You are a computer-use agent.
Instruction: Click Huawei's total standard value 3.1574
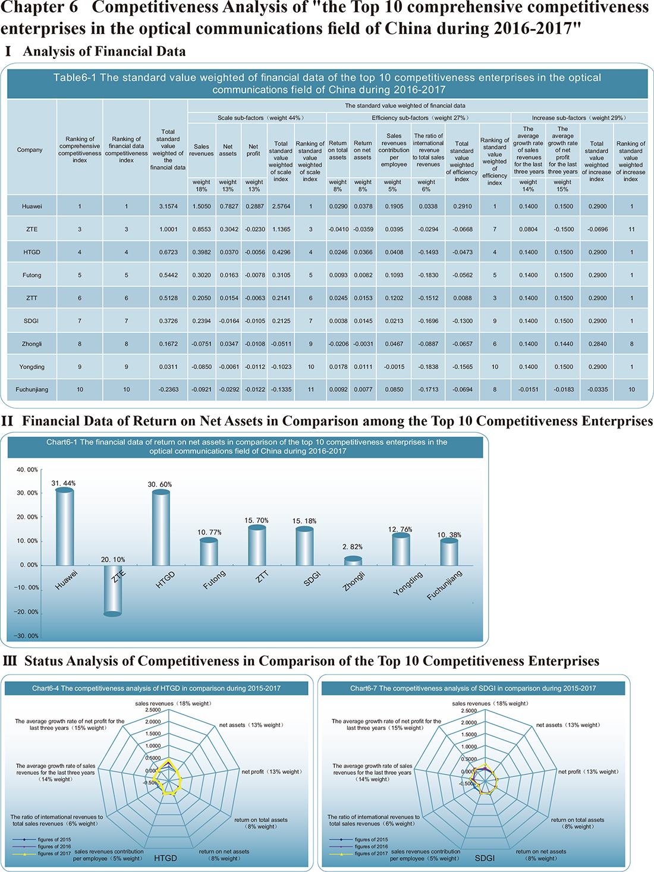(x=168, y=207)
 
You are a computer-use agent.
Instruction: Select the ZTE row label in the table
(x=32, y=229)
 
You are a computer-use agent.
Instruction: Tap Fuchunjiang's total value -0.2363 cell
(x=168, y=390)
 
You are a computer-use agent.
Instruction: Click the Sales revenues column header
(x=202, y=150)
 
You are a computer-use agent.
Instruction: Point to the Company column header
(x=29, y=150)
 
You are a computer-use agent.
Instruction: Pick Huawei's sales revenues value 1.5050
(x=202, y=207)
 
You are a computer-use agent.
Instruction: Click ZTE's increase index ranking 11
(x=631, y=229)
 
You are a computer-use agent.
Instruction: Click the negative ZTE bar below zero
(x=112, y=590)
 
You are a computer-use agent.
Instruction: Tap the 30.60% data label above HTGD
(x=160, y=484)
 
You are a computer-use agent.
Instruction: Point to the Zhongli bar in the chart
(x=353, y=561)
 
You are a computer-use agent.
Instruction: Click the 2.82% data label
(x=353, y=547)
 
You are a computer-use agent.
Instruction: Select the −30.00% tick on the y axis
(x=26, y=636)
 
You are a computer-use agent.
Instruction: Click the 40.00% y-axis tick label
(x=27, y=470)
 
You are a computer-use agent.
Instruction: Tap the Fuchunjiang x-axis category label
(x=445, y=585)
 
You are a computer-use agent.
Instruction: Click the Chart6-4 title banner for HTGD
(x=156, y=688)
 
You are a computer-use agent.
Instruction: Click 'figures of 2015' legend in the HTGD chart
(x=42, y=839)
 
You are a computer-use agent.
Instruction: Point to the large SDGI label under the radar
(x=485, y=858)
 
